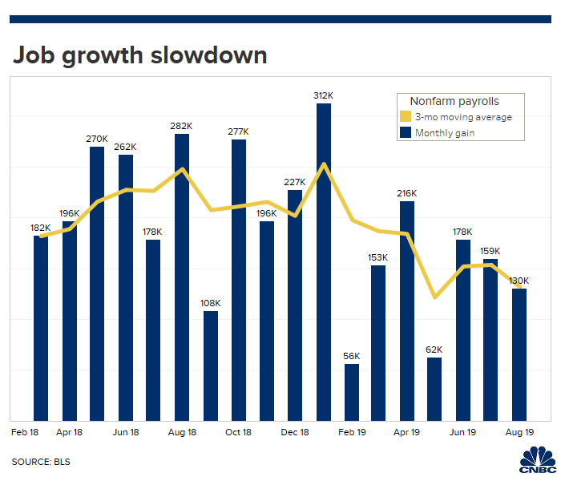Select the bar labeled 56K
[352, 392]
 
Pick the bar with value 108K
[210, 366]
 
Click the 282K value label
[182, 126]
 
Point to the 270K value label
[97, 139]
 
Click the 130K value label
[519, 281]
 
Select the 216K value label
[407, 193]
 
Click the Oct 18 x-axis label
[239, 433]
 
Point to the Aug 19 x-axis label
[519, 433]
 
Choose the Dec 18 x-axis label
[295, 433]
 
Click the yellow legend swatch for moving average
[405, 117]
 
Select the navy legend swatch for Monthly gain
[405, 133]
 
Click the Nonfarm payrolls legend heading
[454, 101]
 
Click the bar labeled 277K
[239, 280]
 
